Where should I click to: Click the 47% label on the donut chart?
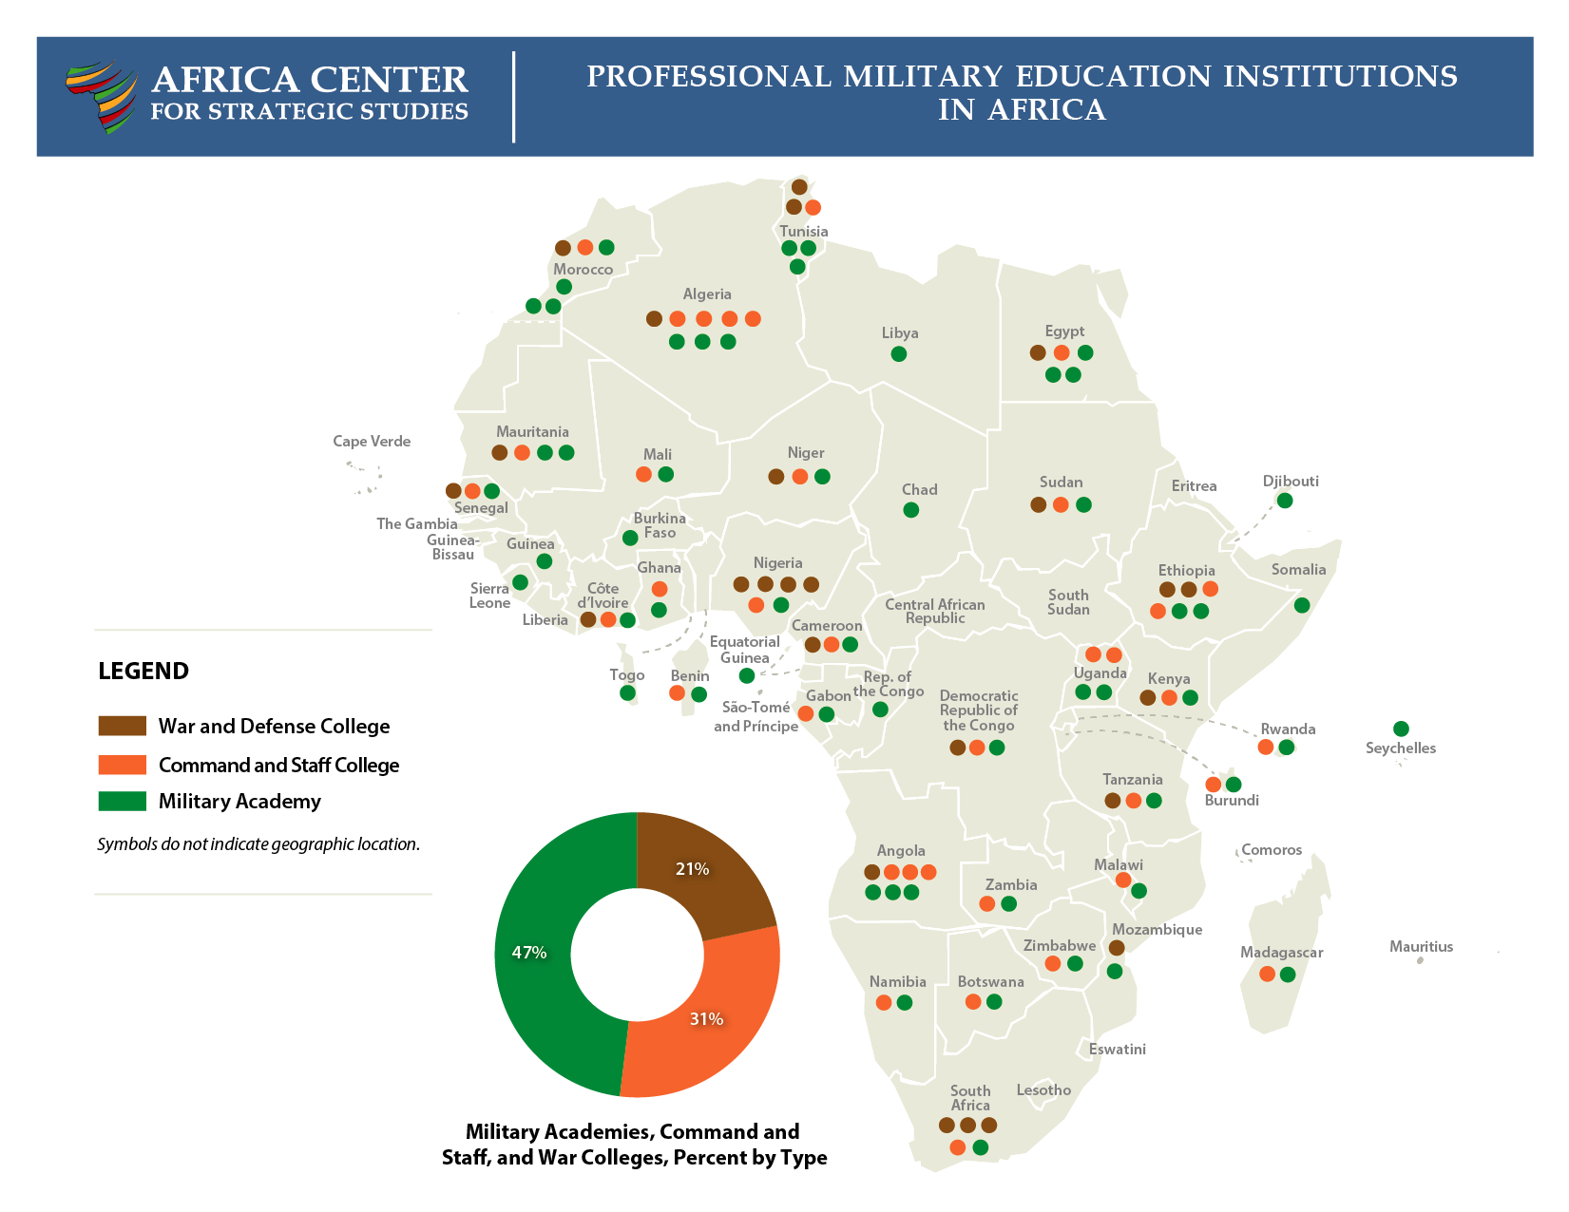click(529, 952)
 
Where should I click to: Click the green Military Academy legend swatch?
click(123, 801)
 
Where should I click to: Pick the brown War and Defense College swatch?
click(123, 726)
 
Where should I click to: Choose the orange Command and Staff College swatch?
click(123, 765)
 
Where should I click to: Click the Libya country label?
click(899, 332)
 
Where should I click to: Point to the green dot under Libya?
click(898, 354)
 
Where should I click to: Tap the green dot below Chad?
click(910, 510)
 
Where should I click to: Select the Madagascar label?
click(1281, 952)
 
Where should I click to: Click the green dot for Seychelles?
click(1400, 729)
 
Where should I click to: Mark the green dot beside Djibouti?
click(1284, 501)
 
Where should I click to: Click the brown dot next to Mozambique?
click(1117, 948)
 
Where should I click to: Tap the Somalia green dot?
click(1302, 605)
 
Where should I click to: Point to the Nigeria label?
click(777, 562)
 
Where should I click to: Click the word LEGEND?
click(144, 671)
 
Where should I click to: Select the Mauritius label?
click(1421, 946)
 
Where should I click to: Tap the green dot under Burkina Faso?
click(629, 539)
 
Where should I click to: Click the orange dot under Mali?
click(643, 474)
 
